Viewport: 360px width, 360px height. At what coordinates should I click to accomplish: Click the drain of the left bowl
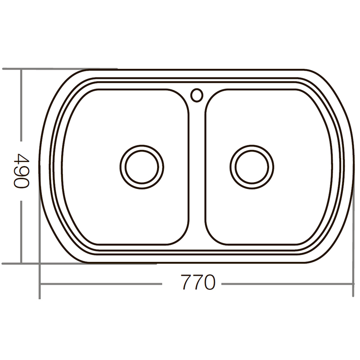click(139, 165)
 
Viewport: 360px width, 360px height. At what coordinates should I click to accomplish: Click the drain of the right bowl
click(252, 165)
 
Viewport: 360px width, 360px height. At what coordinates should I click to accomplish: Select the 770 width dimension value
click(198, 283)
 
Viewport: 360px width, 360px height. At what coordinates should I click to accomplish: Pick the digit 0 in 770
click(209, 283)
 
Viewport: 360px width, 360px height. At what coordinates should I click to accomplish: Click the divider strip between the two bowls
click(197, 180)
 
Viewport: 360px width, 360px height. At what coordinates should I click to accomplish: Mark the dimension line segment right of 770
click(288, 284)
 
